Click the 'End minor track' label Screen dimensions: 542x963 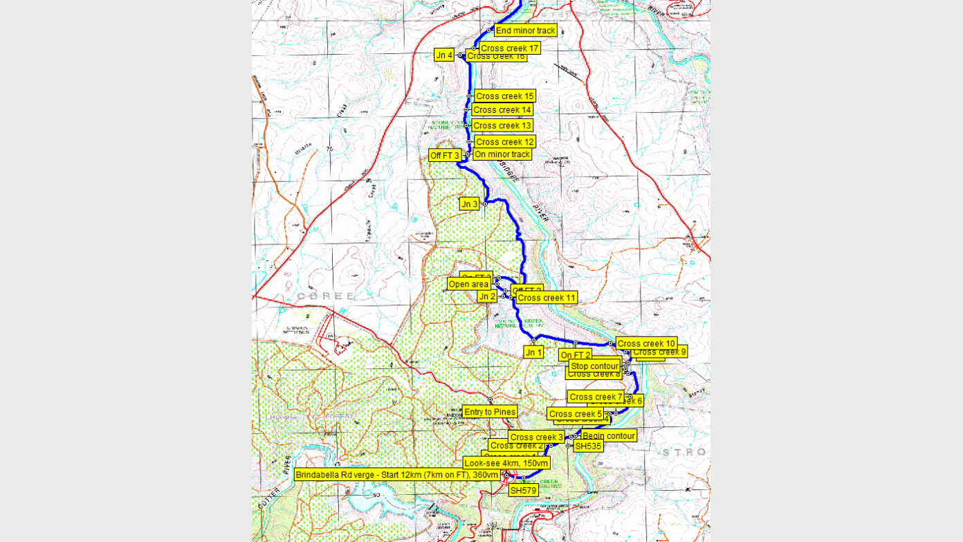pyautogui.click(x=525, y=30)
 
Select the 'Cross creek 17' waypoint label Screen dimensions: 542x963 pyautogui.click(x=509, y=48)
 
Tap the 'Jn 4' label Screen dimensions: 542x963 pyautogui.click(x=443, y=55)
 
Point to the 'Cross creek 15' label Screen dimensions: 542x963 pyautogui.click(x=504, y=96)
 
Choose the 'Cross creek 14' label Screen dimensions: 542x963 pyautogui.click(x=502, y=110)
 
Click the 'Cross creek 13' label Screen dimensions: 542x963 pyautogui.click(x=502, y=125)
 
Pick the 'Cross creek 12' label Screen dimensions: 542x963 pyautogui.click(x=504, y=142)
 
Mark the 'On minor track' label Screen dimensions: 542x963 pyautogui.click(x=502, y=154)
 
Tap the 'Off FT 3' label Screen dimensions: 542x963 pyautogui.click(x=444, y=156)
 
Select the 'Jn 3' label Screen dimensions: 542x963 pyautogui.click(x=469, y=204)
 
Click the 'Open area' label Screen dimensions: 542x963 pyautogui.click(x=468, y=284)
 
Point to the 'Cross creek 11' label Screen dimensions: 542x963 pyautogui.click(x=546, y=298)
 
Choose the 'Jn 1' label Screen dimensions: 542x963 pyautogui.click(x=533, y=352)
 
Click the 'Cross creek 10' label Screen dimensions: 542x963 pyautogui.click(x=645, y=343)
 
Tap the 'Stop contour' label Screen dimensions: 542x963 pyautogui.click(x=594, y=366)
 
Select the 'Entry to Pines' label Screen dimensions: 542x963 pyautogui.click(x=489, y=412)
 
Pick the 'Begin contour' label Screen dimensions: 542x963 pyautogui.click(x=608, y=435)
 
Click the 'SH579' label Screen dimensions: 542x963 pyautogui.click(x=523, y=490)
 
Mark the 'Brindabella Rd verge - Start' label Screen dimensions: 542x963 pyautogui.click(x=396, y=475)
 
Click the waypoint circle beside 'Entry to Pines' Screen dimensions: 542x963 pyautogui.click(x=490, y=400)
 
